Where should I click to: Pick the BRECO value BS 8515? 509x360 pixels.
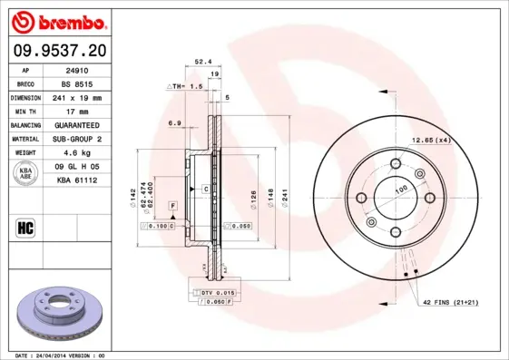[76, 83]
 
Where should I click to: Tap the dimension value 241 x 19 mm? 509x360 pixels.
[76, 96]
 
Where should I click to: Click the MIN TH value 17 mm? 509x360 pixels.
[76, 111]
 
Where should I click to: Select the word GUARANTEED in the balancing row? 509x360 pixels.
[76, 124]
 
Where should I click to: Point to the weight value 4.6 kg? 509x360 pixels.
[76, 152]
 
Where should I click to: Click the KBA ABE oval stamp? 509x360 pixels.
[27, 173]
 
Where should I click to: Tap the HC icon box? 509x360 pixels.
[26, 227]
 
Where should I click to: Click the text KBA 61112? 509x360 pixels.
[76, 180]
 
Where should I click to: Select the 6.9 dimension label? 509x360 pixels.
[175, 122]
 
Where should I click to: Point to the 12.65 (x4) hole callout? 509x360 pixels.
[432, 140]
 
